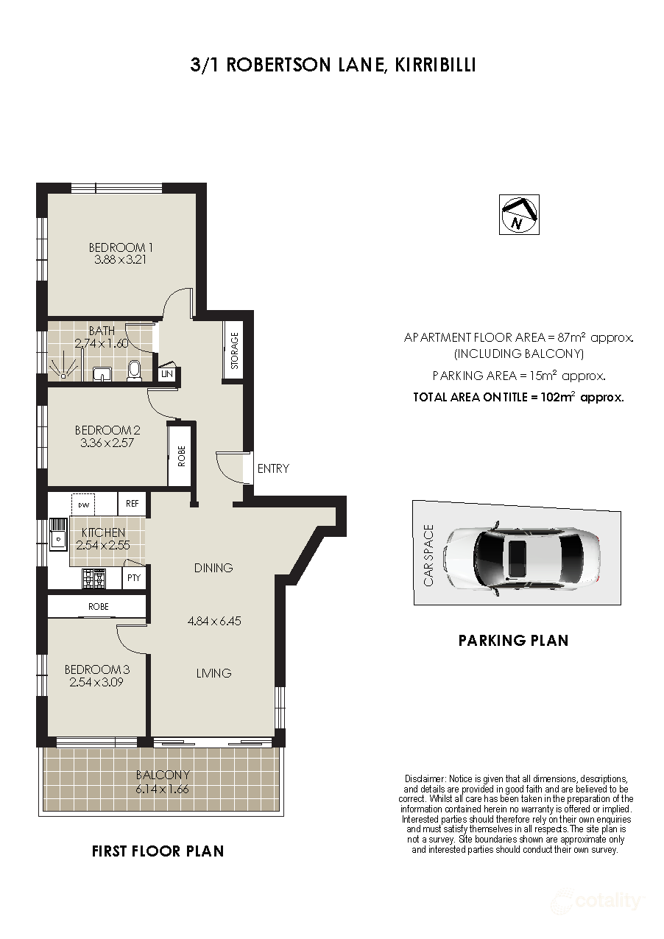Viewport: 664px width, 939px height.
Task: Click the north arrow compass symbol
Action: [x=519, y=215]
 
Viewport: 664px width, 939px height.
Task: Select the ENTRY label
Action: [x=273, y=468]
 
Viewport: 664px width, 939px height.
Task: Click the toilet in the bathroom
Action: [x=134, y=370]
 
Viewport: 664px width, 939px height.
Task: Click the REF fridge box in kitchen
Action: [x=133, y=504]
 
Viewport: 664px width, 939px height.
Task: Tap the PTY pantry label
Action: [x=133, y=579]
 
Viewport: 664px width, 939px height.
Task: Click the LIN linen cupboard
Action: [x=168, y=374]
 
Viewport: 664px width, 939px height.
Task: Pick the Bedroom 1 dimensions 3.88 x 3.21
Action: [x=121, y=259]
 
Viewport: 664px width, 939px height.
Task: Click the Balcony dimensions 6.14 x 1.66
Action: [x=163, y=789]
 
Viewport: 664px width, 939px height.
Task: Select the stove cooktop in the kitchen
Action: [x=94, y=579]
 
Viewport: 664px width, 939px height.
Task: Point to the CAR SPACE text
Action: [x=428, y=555]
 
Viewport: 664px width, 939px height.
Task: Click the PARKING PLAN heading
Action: [x=513, y=640]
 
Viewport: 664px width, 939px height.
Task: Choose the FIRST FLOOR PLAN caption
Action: [x=158, y=851]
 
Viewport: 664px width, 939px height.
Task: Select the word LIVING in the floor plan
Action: [x=213, y=673]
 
